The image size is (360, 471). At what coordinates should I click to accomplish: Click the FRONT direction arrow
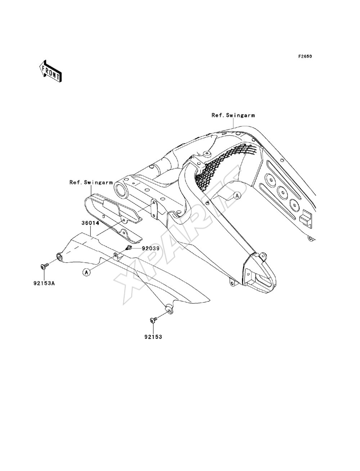pyautogui.click(x=50, y=71)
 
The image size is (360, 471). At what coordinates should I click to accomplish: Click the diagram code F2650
pyautogui.click(x=305, y=56)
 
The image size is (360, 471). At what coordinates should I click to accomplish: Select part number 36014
pyautogui.click(x=90, y=223)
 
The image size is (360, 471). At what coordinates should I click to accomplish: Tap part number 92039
pyautogui.click(x=150, y=248)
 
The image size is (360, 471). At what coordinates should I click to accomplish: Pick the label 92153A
pyautogui.click(x=44, y=283)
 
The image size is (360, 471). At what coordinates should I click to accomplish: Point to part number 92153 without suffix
pyautogui.click(x=153, y=337)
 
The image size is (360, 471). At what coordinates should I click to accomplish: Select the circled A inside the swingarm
pyautogui.click(x=237, y=195)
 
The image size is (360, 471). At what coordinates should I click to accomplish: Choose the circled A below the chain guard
pyautogui.click(x=86, y=272)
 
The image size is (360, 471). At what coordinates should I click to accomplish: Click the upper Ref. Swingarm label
pyautogui.click(x=233, y=115)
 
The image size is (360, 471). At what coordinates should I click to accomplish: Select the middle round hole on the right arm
pyautogui.click(x=282, y=191)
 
